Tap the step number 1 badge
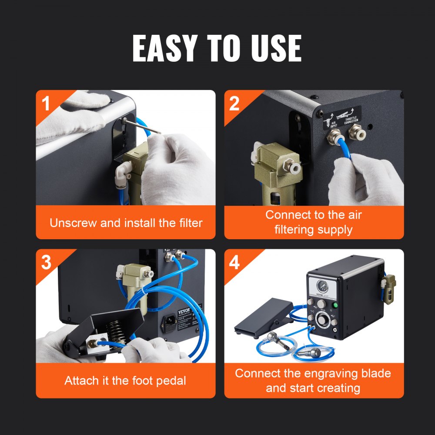pos(46,104)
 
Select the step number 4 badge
pos(234,263)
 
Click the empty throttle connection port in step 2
pos(355,129)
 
